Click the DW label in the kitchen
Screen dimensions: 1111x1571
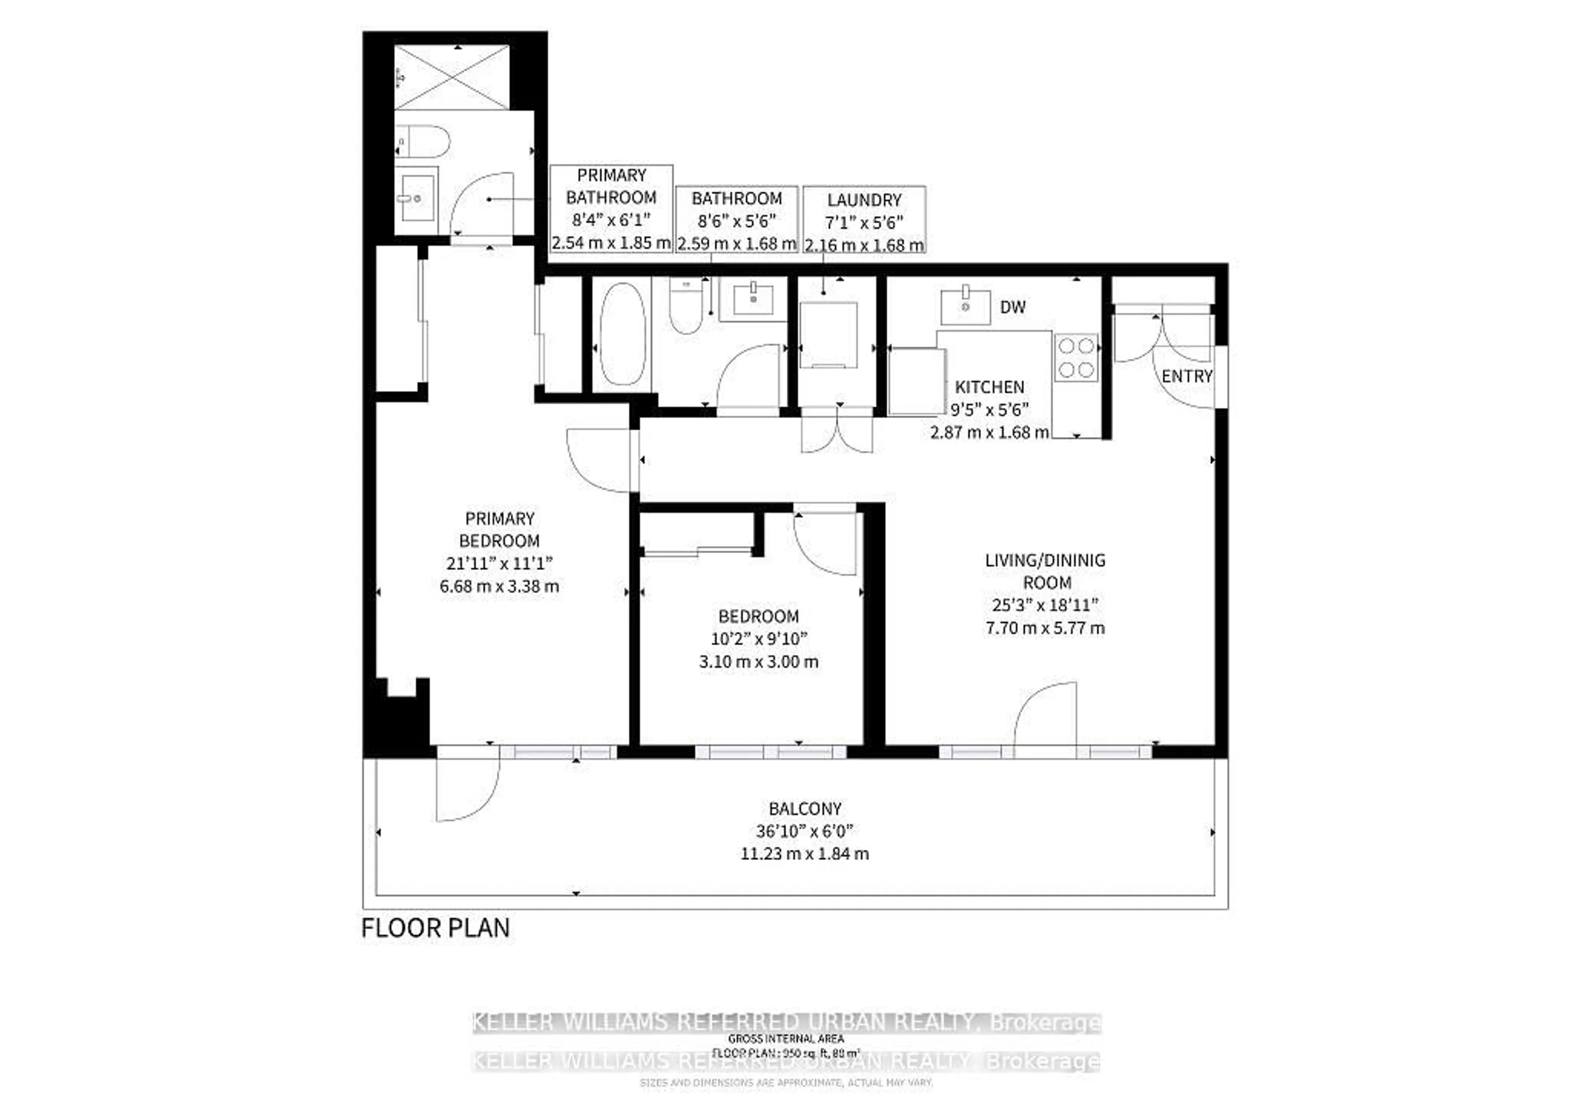[1012, 307]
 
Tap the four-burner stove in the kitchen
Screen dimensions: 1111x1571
[1076, 357]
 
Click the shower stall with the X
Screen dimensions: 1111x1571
[452, 77]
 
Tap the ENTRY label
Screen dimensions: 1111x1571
[1186, 376]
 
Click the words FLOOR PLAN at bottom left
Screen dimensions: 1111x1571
[435, 928]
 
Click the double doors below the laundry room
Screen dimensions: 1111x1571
[837, 431]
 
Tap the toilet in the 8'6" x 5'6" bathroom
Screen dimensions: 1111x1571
[686, 308]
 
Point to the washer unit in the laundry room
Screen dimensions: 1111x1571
[828, 336]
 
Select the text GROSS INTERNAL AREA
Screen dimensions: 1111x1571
[785, 1039]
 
